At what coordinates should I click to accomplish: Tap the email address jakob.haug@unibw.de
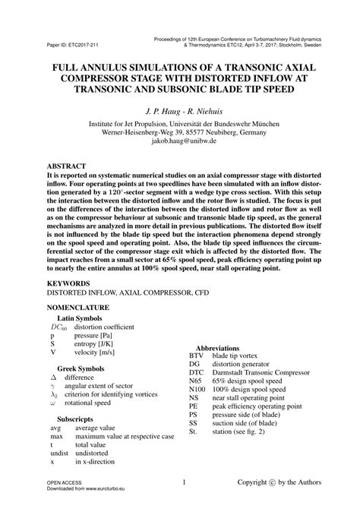179,141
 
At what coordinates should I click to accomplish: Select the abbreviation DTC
197,374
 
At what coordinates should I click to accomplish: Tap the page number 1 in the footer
184,482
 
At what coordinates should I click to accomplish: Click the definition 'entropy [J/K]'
96,343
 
